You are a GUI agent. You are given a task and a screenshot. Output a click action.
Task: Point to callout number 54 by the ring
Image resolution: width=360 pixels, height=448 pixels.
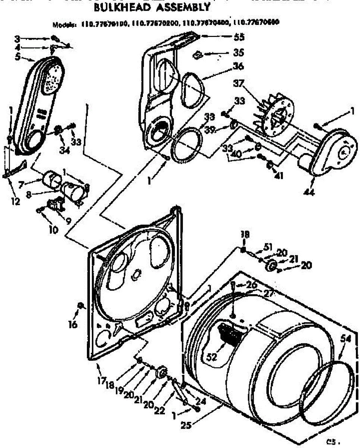(x=346, y=339)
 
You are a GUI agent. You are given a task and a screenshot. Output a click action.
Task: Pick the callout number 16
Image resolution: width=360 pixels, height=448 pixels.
(x=73, y=324)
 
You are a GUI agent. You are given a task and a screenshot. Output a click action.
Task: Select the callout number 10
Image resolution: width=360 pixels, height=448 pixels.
(x=53, y=230)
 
